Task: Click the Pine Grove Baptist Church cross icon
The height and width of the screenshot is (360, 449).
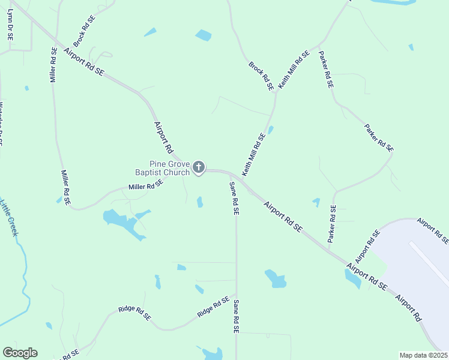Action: [x=199, y=167]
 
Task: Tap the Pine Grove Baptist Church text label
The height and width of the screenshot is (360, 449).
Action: [x=170, y=167]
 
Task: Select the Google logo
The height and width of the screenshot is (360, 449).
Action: [x=20, y=353]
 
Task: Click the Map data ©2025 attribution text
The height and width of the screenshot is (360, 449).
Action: [x=423, y=355]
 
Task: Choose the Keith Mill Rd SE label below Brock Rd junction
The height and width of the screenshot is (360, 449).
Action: [x=253, y=154]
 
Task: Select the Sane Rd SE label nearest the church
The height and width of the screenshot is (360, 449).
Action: [x=235, y=198]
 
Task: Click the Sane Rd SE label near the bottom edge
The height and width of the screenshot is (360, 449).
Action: [x=237, y=316]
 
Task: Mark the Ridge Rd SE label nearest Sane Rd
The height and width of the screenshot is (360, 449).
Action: [x=213, y=307]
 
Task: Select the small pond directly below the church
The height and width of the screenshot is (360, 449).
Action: [x=200, y=202]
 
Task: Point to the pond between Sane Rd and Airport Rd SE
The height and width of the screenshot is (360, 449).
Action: [x=276, y=278]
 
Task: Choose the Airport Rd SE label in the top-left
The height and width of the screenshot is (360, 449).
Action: [x=83, y=62]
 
